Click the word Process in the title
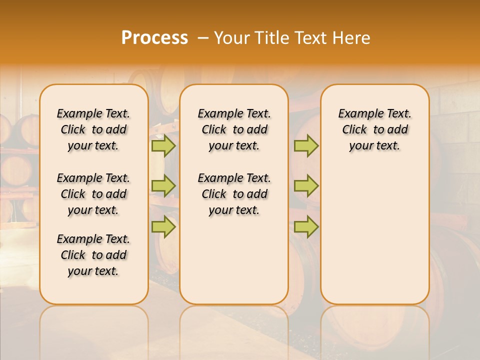154,38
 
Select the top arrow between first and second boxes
163,146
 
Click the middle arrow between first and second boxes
163,186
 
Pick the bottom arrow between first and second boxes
163,226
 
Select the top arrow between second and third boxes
306,146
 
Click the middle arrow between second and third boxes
306,186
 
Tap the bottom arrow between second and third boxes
306,226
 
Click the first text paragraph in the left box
93,129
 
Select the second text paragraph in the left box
93,194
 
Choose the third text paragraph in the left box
93,255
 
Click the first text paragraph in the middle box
234,129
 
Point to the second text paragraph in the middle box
234,194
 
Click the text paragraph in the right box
374,129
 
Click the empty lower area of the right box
374,235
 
